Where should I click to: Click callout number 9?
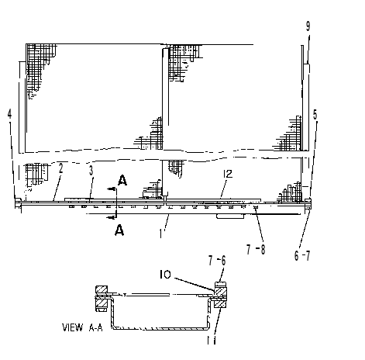[308, 26]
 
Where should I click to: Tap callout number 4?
[9, 114]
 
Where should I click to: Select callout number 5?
[315, 115]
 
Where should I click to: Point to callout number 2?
[60, 168]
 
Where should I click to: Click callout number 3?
[91, 171]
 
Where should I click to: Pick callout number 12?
[228, 174]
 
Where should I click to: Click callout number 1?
[161, 234]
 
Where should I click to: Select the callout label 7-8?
[256, 250]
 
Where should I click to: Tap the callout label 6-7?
[302, 255]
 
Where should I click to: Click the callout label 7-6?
[217, 261]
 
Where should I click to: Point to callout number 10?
[165, 275]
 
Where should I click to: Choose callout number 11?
[212, 340]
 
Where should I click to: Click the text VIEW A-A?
[82, 327]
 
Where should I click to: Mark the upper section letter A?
[122, 180]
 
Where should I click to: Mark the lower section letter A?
[119, 230]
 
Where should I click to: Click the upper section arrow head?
[111, 189]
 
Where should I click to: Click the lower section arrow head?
[111, 218]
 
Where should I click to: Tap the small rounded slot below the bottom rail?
[230, 216]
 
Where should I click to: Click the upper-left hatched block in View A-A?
[102, 289]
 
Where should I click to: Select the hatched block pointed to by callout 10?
[221, 292]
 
